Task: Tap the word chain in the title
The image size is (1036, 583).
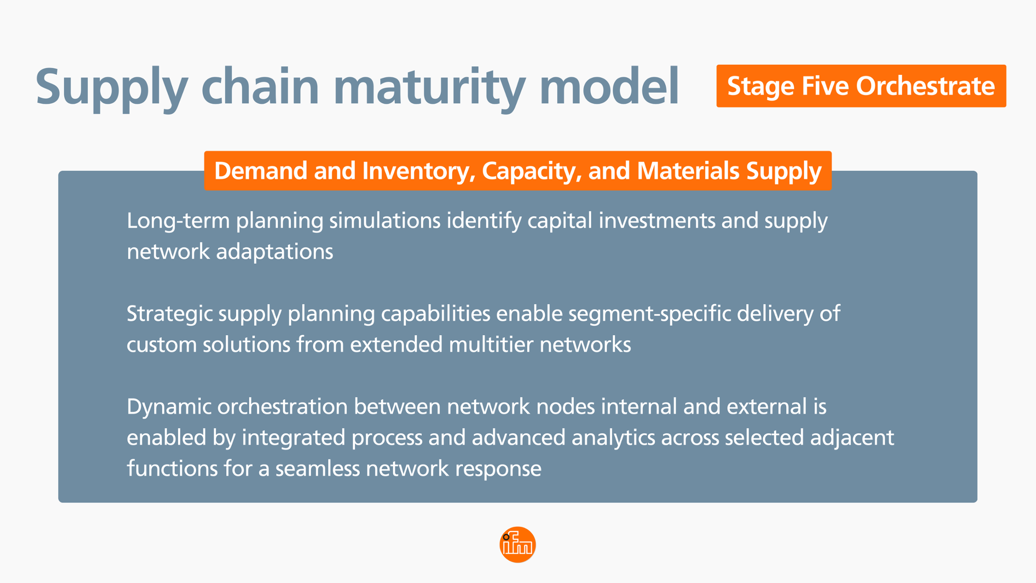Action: coord(260,87)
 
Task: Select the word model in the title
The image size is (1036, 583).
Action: coord(609,87)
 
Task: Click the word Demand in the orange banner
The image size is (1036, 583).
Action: coord(260,171)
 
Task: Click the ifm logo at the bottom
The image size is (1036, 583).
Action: coord(518,545)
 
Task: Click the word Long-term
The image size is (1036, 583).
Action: coord(178,221)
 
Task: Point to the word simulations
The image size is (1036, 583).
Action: coord(384,221)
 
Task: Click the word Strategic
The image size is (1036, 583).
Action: coord(169,314)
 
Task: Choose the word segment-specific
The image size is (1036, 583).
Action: coord(649,314)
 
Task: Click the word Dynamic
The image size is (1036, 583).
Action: coord(169,407)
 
